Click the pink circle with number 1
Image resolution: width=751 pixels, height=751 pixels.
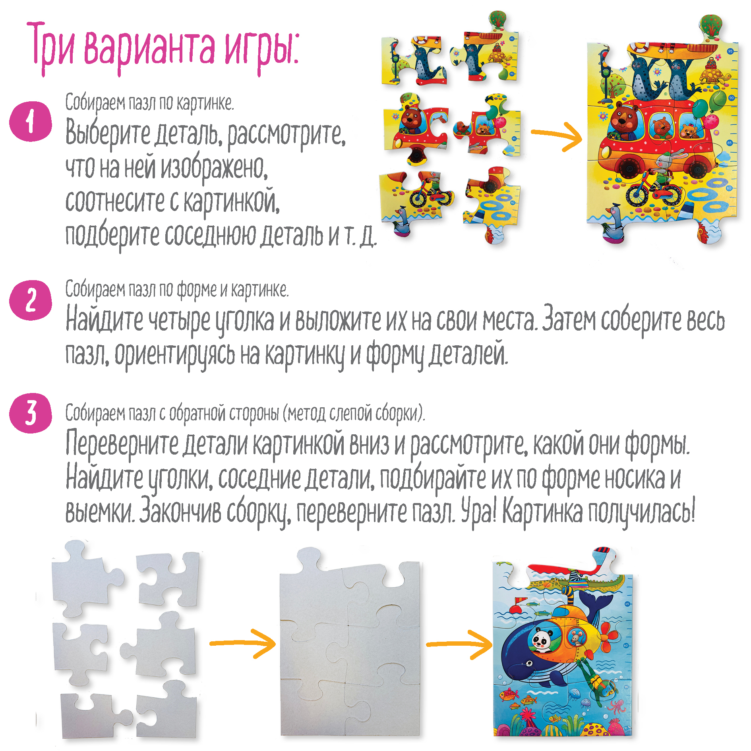pyautogui.click(x=31, y=122)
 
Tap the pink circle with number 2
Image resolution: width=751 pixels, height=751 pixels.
pyautogui.click(x=31, y=300)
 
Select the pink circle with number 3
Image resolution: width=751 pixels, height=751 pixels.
pyautogui.click(x=31, y=413)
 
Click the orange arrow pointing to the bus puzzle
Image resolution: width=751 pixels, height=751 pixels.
pyautogui.click(x=557, y=135)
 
